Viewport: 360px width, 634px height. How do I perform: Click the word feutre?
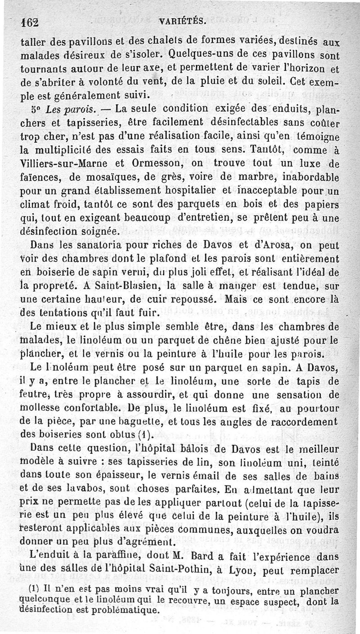coord(35,395)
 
